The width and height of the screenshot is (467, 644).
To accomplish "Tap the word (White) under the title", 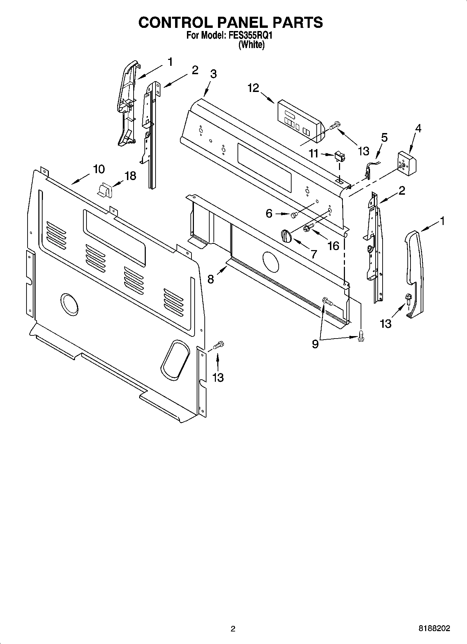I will pos(251,45).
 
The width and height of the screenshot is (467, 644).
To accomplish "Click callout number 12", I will pos(254,88).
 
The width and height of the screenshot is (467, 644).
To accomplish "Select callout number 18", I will pos(130,176).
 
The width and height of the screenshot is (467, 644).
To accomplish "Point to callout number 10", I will pos(99,169).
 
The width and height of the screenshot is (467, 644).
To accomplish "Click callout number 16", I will pos(333,246).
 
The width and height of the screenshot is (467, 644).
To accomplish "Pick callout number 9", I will pos(315,344).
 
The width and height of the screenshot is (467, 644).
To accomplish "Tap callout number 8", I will pos(211,279).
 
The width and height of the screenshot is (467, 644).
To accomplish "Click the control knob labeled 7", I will pos(286,236).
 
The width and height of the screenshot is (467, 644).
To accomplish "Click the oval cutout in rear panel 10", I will pos(175,359).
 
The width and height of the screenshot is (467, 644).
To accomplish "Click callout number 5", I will pos(384,137).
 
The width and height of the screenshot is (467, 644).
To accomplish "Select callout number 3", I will pos(213,74).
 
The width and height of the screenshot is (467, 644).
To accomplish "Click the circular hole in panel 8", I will pos(270,262).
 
